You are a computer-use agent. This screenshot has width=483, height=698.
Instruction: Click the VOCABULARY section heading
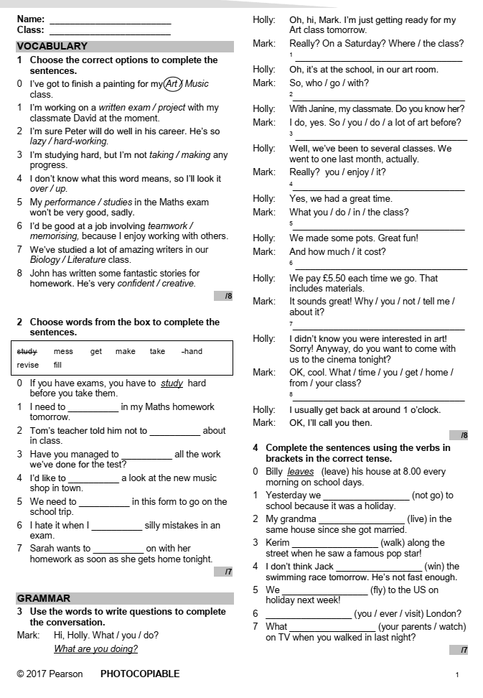point(52,46)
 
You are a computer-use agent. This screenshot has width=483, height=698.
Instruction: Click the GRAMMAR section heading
point(44,598)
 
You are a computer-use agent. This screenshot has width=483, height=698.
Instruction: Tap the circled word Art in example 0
point(172,83)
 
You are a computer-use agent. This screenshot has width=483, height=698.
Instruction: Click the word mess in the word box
point(63,351)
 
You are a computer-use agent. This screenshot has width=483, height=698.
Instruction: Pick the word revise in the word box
point(28,365)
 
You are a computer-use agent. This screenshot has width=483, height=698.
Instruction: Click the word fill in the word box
point(58,365)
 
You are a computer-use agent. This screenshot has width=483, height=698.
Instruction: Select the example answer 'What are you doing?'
point(95,649)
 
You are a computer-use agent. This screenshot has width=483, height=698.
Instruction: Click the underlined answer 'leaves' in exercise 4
point(301,472)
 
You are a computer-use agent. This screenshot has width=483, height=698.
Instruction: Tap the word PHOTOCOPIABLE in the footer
point(140,674)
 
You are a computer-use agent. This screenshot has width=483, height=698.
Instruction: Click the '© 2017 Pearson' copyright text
point(50,674)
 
